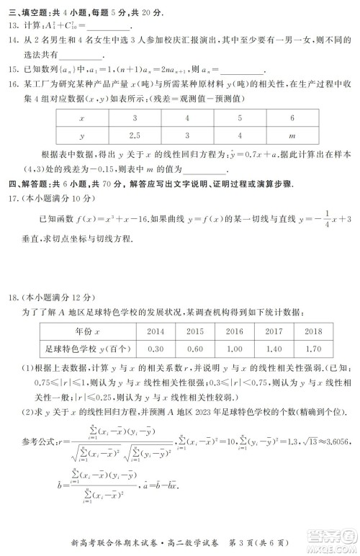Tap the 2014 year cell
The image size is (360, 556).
pos(155,333)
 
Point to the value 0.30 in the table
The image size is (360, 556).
pos(155,349)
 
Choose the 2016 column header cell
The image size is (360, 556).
pos(234,333)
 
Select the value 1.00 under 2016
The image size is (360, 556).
pos(234,349)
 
